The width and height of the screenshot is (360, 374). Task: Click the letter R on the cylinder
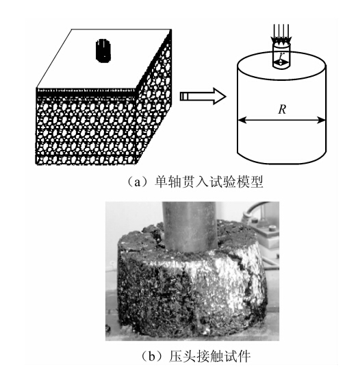282,110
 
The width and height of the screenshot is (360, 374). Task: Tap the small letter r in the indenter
282,56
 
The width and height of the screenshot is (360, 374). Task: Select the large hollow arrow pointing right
203,96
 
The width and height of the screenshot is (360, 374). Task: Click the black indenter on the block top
103,51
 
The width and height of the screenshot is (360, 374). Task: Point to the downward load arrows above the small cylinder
281,34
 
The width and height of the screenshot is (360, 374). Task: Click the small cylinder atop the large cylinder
281,55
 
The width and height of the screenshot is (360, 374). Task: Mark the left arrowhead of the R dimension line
242,120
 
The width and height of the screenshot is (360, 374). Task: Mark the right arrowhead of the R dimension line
322,120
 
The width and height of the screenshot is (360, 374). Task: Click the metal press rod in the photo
190,227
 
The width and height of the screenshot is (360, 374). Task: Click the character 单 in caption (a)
161,182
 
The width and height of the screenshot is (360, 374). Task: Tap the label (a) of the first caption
138,182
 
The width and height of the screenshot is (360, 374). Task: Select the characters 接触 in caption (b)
209,357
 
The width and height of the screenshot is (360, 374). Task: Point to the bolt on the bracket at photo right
272,228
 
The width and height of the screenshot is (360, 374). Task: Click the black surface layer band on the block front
86,94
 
